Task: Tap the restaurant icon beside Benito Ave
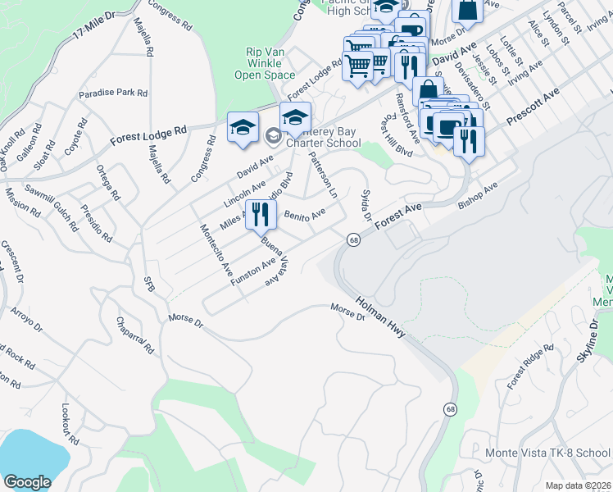pos(261,216)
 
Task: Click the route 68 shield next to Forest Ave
pos(353,239)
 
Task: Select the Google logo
pos(27,481)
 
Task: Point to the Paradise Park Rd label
pos(113,93)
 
